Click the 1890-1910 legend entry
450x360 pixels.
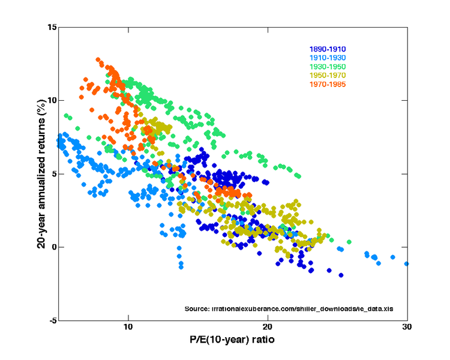point(327,49)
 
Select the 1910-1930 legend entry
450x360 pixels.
point(327,58)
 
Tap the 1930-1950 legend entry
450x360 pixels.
point(327,67)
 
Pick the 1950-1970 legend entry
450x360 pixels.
point(327,75)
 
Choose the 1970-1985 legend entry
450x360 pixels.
point(327,84)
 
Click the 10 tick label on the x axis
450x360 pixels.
point(128,328)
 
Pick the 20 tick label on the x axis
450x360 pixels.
point(268,328)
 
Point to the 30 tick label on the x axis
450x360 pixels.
point(407,328)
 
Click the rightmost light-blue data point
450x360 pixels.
point(407,263)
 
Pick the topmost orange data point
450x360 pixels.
point(98,60)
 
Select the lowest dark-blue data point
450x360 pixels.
point(341,275)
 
